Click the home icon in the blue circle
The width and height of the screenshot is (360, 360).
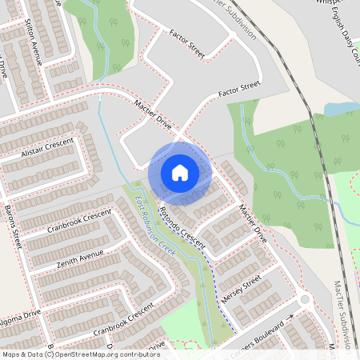[x=180, y=172]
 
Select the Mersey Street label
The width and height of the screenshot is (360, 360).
[x=242, y=287]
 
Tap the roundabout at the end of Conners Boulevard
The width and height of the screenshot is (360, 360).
[x=305, y=300]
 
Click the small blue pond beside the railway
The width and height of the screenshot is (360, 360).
[x=340, y=108]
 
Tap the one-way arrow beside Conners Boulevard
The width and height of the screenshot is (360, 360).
[x=290, y=317]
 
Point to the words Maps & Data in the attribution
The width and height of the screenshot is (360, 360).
[x=22, y=354]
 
